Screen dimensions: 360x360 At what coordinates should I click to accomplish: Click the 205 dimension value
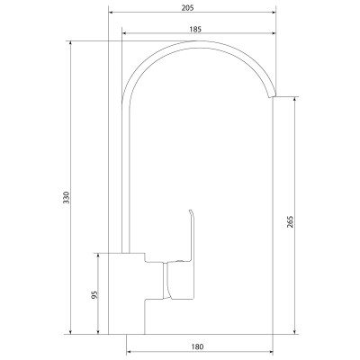(188, 8)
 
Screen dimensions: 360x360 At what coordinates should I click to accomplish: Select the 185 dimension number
(195, 29)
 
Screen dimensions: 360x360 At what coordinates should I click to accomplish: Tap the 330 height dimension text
(67, 197)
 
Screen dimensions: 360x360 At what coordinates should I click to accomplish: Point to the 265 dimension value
(290, 221)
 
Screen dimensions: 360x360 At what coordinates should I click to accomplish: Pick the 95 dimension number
(94, 295)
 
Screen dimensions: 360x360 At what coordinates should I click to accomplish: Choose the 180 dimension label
(197, 346)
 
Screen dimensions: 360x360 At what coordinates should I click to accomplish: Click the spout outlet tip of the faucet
(272, 96)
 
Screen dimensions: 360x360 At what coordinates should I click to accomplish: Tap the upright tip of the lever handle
(190, 210)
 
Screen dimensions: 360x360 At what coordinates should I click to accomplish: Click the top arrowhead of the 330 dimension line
(71, 43)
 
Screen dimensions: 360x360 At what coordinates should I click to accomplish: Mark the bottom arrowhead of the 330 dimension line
(71, 331)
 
